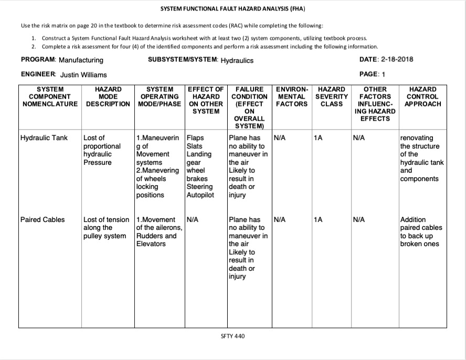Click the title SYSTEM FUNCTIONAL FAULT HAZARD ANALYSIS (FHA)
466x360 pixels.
coord(232,9)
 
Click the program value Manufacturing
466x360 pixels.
coord(81,60)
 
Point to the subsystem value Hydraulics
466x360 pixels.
coord(237,60)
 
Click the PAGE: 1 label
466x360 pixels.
coord(373,74)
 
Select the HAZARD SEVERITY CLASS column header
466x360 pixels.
coord(332,97)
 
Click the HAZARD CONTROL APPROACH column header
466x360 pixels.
coord(422,97)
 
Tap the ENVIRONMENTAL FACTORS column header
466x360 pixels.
coord(292,97)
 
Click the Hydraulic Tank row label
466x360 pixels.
coord(44,138)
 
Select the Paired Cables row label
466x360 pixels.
coord(42,219)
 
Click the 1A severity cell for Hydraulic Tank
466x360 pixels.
coord(317,138)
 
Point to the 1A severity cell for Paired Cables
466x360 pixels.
coord(317,219)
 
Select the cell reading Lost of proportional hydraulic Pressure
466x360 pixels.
coord(102,150)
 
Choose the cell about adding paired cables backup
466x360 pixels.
coord(421,231)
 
